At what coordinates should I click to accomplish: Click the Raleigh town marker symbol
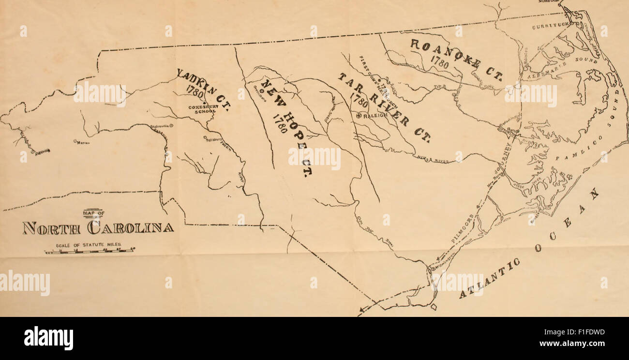tap(359, 116)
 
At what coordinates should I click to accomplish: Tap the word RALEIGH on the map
tap(374, 116)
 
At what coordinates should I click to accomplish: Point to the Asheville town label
tap(43, 151)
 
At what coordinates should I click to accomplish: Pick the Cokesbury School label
tap(202, 108)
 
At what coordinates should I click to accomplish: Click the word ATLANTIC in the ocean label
tap(489, 278)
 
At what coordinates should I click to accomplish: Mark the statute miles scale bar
tap(90, 251)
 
